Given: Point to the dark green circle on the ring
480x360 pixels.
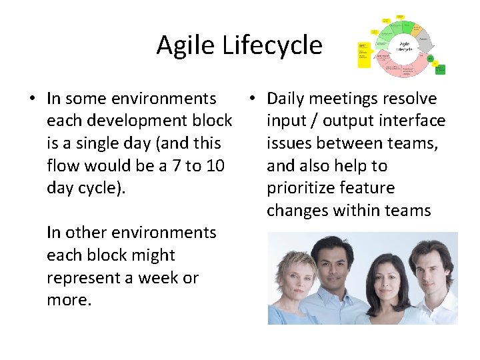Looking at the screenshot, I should (431, 59).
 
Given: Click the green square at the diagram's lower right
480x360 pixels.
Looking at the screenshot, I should (441, 68).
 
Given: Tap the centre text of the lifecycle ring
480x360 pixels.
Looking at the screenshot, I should (404, 47).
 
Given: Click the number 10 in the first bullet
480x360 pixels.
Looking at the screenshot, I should (215, 165).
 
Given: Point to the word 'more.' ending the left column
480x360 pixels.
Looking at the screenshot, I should (69, 300).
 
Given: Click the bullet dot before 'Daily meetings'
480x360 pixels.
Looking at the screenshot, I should (253, 99).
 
